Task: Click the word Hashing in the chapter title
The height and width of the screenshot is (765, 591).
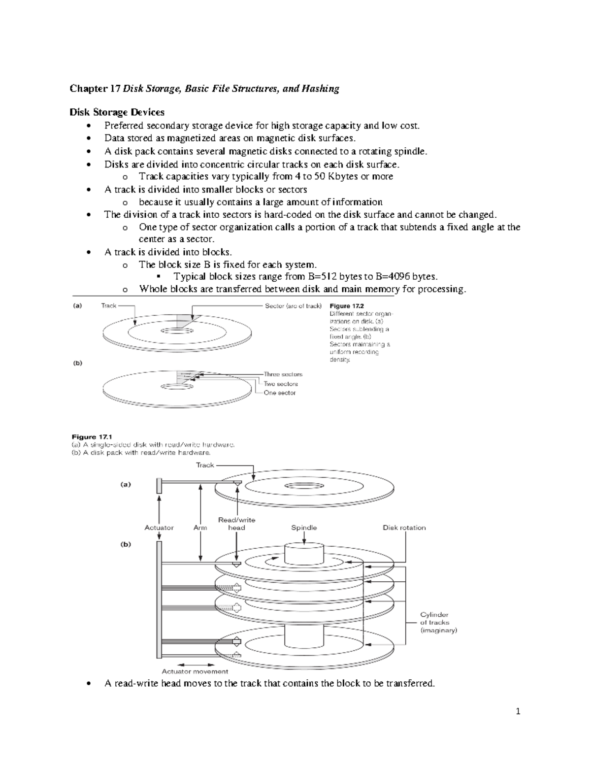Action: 320,89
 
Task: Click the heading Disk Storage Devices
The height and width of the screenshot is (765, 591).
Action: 117,112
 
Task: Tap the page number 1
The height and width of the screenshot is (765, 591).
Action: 518,711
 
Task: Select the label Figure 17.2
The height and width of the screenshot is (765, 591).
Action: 346,306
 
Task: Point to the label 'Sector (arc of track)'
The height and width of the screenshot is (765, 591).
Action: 293,306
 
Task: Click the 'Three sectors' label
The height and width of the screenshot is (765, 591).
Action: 283,374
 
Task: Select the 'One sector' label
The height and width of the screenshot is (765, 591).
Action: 280,393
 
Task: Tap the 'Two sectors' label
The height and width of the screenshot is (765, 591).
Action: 281,384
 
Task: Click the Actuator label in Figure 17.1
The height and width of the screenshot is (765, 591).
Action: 159,528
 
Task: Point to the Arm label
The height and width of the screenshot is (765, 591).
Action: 200,528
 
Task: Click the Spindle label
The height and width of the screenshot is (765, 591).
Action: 304,528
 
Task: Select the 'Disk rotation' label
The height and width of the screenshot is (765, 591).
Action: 404,528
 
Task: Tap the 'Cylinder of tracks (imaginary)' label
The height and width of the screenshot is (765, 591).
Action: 438,623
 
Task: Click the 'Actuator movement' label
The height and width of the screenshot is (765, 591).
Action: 195,671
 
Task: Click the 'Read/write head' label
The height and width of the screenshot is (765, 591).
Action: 236,524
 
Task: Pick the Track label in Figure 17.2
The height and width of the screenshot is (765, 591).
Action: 108,306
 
